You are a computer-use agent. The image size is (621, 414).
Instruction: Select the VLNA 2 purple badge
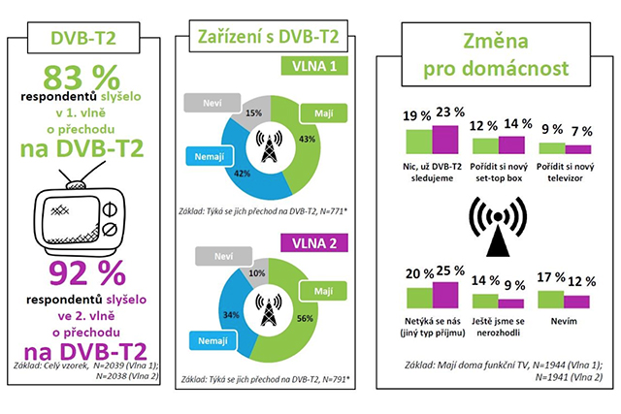[310, 242]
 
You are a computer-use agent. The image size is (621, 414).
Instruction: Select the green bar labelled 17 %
[551, 298]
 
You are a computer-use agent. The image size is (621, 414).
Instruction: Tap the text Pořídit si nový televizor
[564, 167]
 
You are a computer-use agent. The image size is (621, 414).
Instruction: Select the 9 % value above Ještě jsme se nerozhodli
[513, 285]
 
